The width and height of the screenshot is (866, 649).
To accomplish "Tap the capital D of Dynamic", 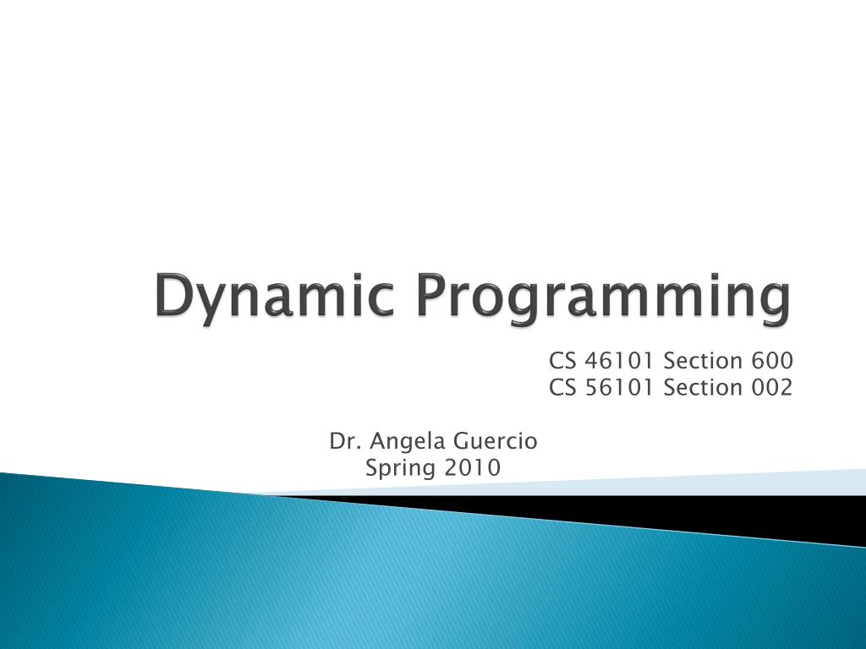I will [x=173, y=297].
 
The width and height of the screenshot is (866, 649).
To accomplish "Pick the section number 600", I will [x=771, y=362].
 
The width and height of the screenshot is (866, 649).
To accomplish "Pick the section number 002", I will [x=771, y=388].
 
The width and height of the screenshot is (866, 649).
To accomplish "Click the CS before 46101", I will [x=562, y=362].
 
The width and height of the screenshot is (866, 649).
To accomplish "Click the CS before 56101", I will [x=562, y=388].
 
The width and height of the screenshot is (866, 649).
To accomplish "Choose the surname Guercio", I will [x=496, y=440].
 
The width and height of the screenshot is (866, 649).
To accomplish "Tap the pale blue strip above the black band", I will [x=761, y=482].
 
